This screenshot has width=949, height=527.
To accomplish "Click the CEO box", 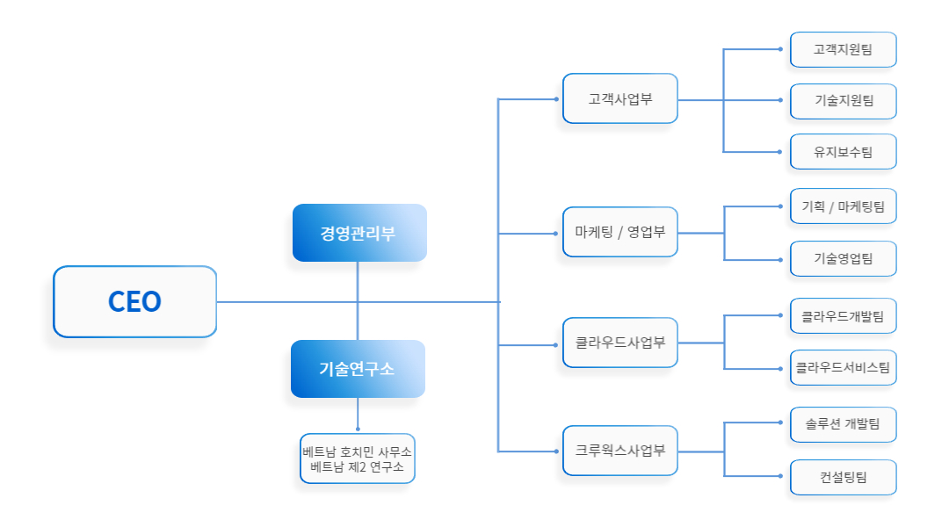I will coord(134,301).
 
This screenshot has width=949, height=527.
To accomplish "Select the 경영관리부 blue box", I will coord(359,233).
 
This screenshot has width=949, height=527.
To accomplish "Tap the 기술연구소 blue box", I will coord(358,369).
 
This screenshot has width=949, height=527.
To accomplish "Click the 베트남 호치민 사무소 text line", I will coord(357,451).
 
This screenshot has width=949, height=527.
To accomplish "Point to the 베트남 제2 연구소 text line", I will coord(357,467).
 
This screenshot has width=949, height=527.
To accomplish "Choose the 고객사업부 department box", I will coord(619,98).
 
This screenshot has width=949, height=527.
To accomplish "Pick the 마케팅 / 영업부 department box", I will coord(619,232).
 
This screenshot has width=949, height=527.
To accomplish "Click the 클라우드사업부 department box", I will coord(619,343).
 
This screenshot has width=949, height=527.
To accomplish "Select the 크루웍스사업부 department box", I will coord(619,450).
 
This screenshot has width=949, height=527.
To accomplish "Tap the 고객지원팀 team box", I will coord(843,50).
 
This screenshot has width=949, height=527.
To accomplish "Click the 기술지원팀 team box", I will coord(843,101).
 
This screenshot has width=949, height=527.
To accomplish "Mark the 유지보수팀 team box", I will coord(843,152).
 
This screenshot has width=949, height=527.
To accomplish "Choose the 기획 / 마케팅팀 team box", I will coord(843,206).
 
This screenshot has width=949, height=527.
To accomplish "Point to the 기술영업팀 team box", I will coord(843,258).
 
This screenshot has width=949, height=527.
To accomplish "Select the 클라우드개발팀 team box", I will coord(843,315).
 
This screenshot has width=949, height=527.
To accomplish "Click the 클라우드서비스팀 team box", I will coord(843,367).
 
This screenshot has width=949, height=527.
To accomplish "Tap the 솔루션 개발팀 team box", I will coord(843,424).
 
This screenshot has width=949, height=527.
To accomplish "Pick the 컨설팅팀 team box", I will coord(843,477).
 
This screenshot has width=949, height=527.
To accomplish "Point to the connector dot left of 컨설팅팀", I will coord(780,476).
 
